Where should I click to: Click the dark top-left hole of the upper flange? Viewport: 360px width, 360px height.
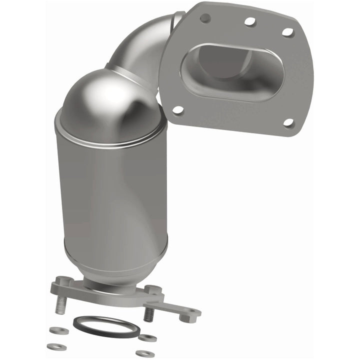pyautogui.click(x=205, y=18)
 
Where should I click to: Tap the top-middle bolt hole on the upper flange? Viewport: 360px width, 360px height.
pyautogui.click(x=250, y=21)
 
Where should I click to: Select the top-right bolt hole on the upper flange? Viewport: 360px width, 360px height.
pyautogui.click(x=288, y=32)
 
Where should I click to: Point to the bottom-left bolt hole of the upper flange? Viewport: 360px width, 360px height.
pyautogui.click(x=177, y=109)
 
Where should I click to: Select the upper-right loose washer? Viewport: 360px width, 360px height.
pyautogui.click(x=147, y=338)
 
